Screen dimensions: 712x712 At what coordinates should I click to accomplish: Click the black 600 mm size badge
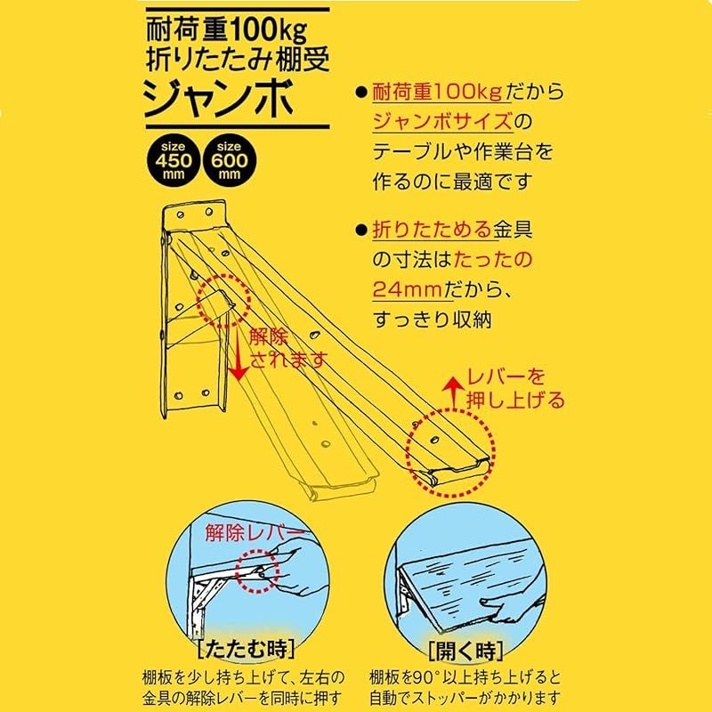coord(227,161)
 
